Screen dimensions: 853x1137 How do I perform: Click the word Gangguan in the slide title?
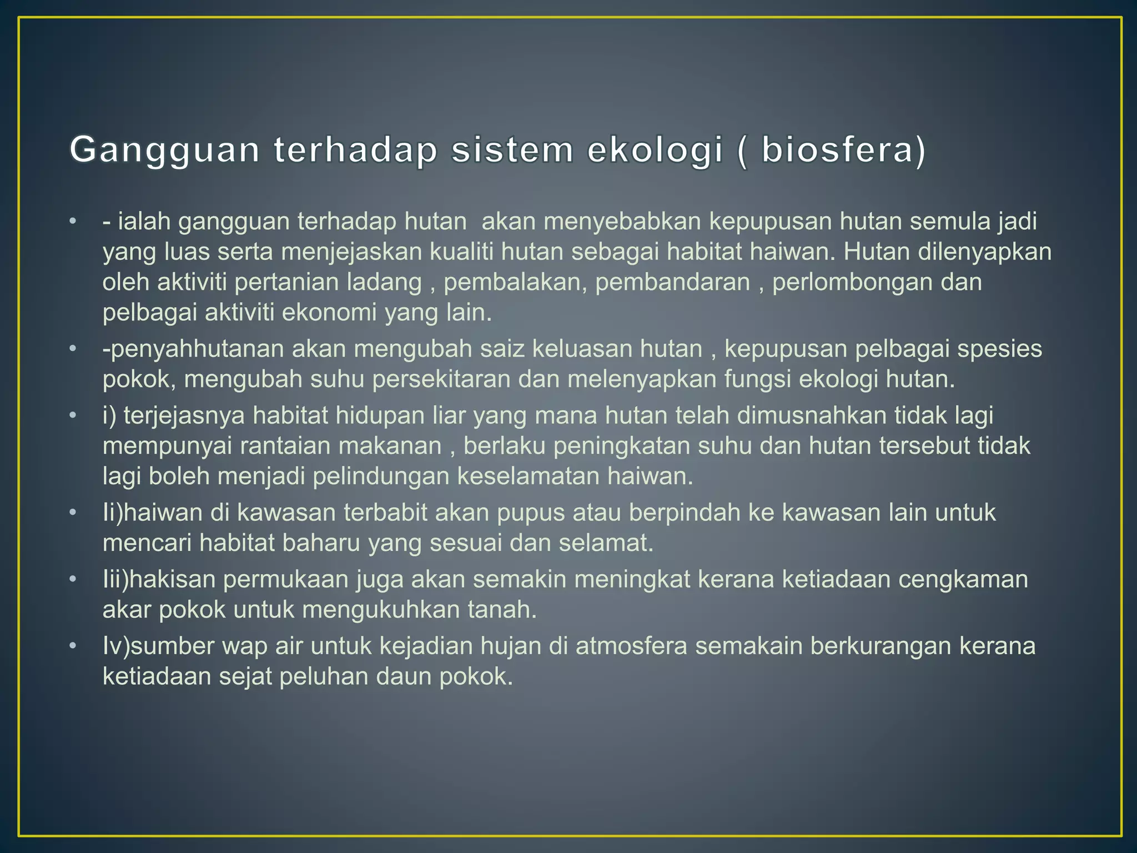[165, 150]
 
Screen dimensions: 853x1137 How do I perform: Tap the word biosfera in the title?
[837, 150]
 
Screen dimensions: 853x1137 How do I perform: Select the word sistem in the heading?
[512, 150]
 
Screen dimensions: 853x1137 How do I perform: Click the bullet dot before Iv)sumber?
[72, 646]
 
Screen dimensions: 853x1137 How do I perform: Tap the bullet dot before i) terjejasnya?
[72, 415]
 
